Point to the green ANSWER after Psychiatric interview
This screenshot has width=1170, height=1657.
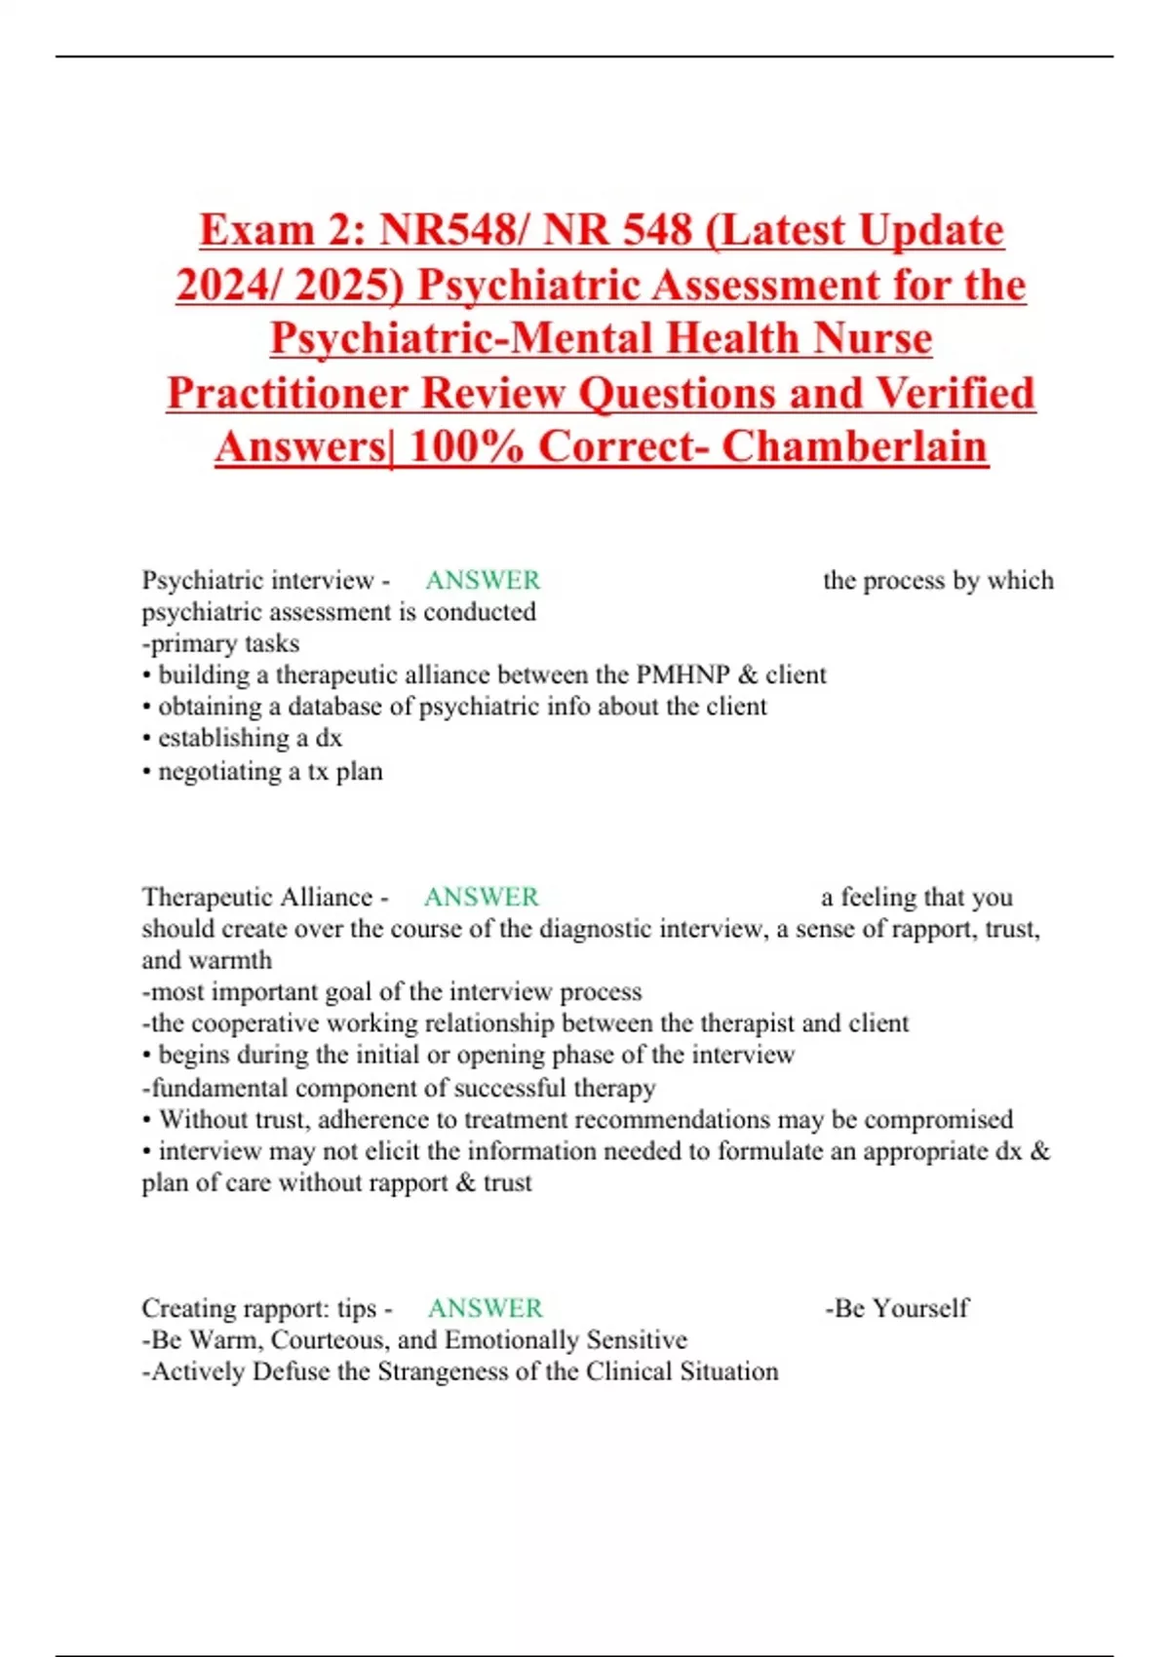tap(483, 581)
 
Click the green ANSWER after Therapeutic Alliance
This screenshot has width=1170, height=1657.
tap(482, 898)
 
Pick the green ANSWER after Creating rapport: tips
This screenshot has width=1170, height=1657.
tap(486, 1309)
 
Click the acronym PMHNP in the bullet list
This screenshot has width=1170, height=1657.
tap(682, 675)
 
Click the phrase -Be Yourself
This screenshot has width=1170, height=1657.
tap(897, 1309)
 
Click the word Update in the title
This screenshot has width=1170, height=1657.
tap(931, 231)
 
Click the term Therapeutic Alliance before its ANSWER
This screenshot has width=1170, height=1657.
tap(257, 898)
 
